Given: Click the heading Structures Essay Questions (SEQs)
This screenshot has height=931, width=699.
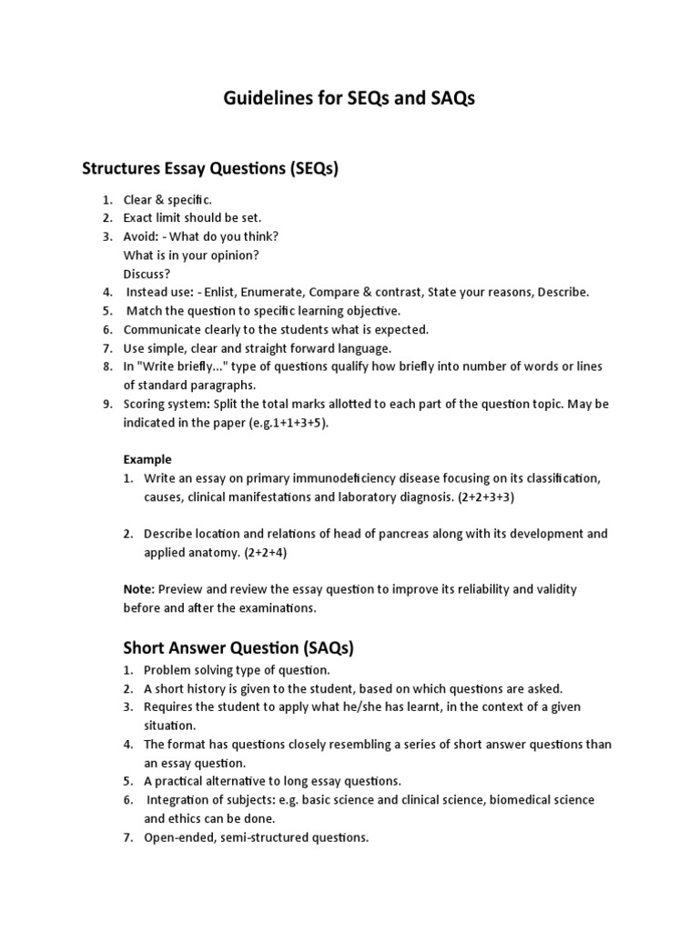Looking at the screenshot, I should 210,168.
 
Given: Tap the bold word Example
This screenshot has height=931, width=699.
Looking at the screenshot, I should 147,459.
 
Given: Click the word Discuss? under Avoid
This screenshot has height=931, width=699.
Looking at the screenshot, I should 147,274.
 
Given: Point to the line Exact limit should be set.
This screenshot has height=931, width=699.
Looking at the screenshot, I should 192,217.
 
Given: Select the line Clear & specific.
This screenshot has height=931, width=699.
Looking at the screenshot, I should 167,199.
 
